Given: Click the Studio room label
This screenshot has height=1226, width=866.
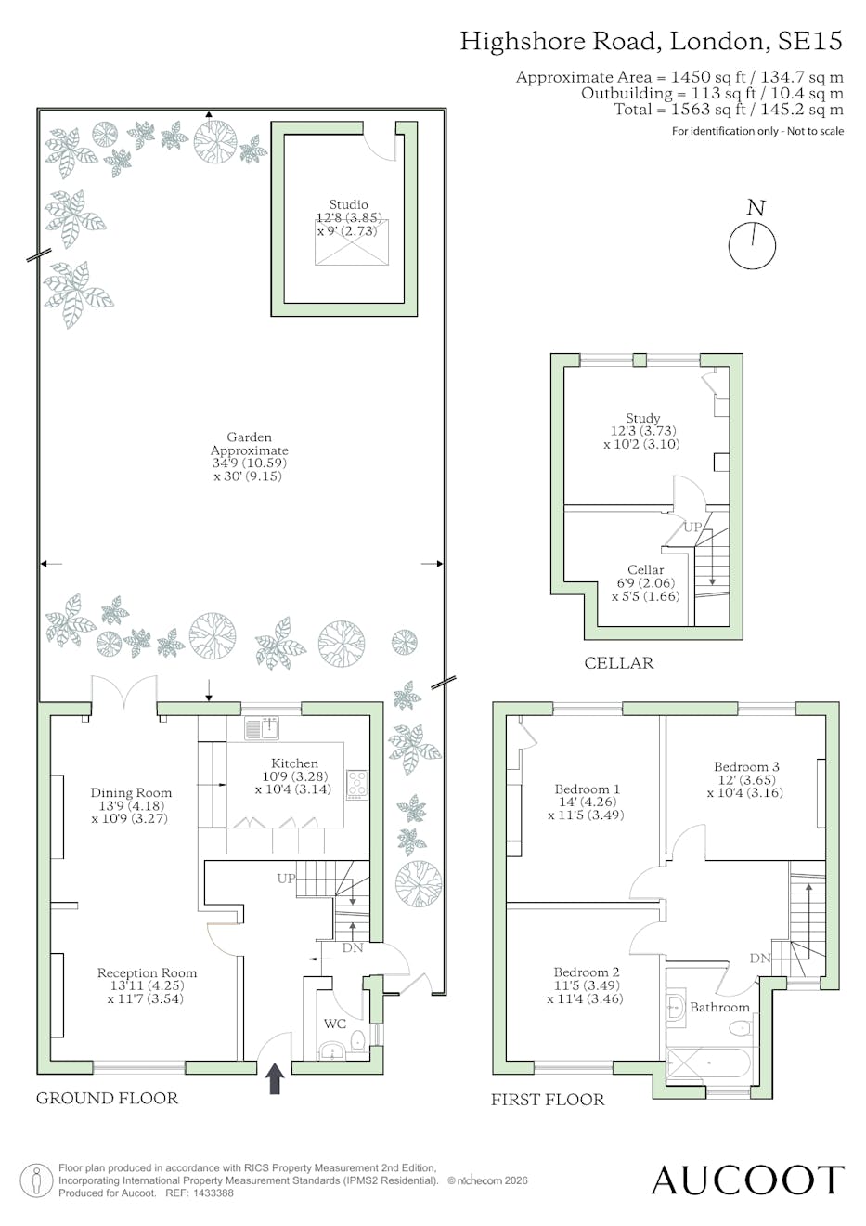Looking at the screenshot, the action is coord(348,204).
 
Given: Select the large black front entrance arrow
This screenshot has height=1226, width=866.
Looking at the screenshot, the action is coord(275,1077).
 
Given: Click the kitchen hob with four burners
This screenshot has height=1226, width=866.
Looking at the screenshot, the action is coord(356,786).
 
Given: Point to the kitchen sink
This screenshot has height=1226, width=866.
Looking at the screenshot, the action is coord(262,728).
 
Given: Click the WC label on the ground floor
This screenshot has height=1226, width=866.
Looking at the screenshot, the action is coord(335,1024).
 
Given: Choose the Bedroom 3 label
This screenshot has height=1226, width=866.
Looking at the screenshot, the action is coord(746,767).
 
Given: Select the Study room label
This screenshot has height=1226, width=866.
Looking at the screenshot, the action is coord(643,418).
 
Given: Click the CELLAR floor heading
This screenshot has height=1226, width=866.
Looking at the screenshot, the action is coord(619,663).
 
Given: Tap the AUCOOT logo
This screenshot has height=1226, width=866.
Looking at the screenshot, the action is coord(748,1180).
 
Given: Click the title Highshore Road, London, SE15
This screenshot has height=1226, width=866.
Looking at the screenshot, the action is coord(651,42).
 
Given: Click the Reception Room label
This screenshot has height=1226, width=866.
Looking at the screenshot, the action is coord(148,972).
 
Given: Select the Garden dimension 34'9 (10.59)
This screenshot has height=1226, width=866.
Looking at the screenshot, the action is coord(250,463).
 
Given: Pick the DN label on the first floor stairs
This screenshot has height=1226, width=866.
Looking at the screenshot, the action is coord(760,958).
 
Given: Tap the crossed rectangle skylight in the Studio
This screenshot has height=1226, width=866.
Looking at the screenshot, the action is coord(352,242).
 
